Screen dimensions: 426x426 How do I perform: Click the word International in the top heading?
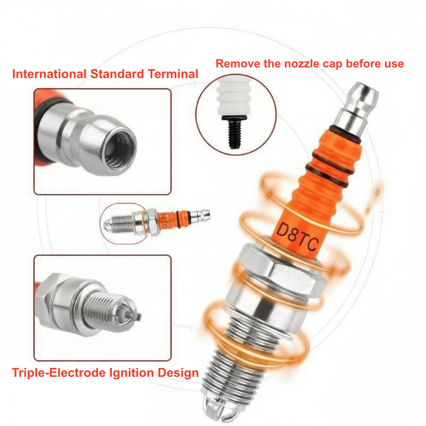[x=50, y=74]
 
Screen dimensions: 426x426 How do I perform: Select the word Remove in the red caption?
[x=237, y=63]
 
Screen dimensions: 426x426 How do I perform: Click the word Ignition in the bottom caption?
[x=132, y=373]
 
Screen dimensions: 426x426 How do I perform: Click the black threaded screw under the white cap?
[x=234, y=132]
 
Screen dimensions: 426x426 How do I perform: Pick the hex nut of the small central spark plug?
[x=152, y=222]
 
